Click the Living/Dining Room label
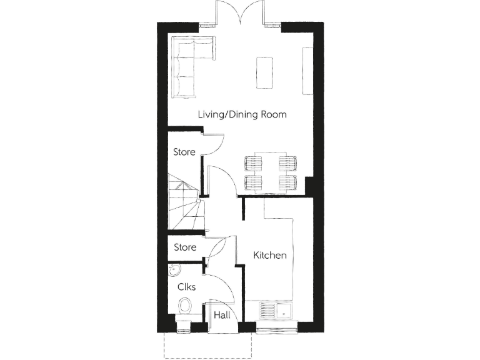[x=242, y=114]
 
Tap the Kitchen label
[x=270, y=255]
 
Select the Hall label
[x=222, y=316]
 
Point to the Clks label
[x=187, y=287]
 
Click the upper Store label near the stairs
[x=184, y=152]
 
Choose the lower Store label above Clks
[x=185, y=247]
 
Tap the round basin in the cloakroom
[x=174, y=270]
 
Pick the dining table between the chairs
[x=270, y=172]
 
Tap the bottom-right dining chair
[x=287, y=182]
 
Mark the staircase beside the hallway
[x=183, y=203]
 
